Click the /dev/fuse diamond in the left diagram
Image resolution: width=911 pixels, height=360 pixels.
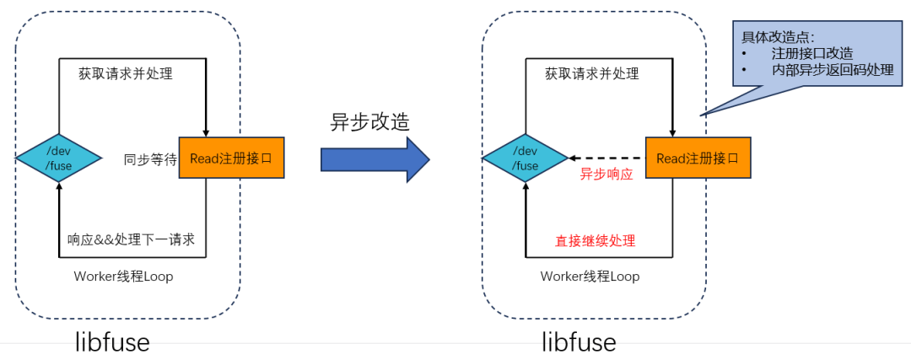[x=59, y=158]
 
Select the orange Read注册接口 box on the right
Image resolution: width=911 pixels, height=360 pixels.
[x=698, y=158]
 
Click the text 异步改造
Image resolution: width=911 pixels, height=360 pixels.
[x=369, y=121]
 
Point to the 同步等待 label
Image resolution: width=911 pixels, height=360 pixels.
[x=149, y=159]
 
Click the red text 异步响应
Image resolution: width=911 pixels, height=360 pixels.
[x=606, y=175]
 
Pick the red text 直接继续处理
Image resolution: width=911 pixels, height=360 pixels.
[x=595, y=240]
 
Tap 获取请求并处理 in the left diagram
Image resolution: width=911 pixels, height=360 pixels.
[x=132, y=73]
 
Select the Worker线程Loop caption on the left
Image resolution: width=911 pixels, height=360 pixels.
[x=123, y=277]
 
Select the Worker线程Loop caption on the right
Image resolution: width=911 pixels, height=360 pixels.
[x=590, y=277]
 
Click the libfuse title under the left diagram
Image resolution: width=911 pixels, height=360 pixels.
[x=111, y=341]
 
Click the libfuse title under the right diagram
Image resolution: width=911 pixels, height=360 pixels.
[x=579, y=341]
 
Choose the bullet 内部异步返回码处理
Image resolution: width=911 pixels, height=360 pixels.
[x=832, y=70]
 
